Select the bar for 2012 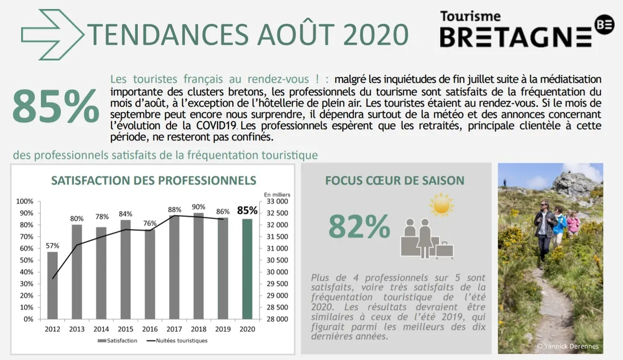point(52,285)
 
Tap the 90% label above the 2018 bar point(199,207)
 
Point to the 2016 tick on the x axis point(150,329)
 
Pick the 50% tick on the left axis point(25,260)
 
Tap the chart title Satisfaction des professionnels point(153,181)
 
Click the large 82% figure point(359,227)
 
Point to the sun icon point(441,204)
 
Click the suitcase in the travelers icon point(444,250)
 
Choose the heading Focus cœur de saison point(395,181)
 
